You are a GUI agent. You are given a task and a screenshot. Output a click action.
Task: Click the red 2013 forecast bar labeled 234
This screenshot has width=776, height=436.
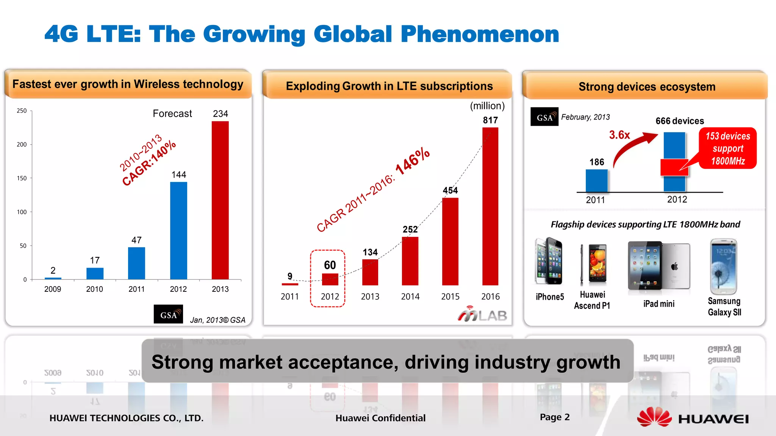(220, 201)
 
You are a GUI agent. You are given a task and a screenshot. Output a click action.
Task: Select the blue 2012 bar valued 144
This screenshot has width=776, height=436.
(178, 231)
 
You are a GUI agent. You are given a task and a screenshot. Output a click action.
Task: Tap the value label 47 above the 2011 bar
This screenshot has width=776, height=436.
(136, 240)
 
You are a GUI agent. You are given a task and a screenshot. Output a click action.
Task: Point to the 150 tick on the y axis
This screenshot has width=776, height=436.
(22, 178)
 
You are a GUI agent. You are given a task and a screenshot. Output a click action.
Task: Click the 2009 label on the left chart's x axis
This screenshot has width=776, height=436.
(53, 289)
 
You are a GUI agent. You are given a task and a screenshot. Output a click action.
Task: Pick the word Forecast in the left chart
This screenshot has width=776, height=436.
(172, 114)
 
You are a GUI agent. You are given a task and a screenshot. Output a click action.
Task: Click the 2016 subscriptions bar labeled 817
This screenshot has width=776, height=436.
(490, 206)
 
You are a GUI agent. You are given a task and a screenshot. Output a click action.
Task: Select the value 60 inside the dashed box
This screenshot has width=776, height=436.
(330, 265)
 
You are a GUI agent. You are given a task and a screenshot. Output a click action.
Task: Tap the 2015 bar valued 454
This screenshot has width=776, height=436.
(450, 241)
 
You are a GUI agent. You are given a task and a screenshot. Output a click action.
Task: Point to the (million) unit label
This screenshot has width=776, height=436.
(487, 106)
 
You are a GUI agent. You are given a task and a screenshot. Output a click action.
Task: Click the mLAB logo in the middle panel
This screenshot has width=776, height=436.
(482, 314)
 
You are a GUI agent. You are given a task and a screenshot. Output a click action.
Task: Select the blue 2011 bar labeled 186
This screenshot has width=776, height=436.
(596, 181)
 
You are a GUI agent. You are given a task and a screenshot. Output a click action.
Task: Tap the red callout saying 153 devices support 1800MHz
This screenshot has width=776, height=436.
(727, 148)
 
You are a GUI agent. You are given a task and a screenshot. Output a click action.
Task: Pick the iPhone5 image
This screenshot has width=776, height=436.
(549, 261)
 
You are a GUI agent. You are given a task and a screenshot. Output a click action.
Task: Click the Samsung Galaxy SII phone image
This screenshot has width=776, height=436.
(723, 266)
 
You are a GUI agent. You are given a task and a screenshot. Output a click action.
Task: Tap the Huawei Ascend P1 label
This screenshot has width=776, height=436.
(592, 300)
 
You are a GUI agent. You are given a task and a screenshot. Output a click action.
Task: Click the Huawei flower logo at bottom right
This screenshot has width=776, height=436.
(654, 417)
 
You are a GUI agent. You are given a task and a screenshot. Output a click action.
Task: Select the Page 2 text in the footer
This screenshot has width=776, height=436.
(555, 417)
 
